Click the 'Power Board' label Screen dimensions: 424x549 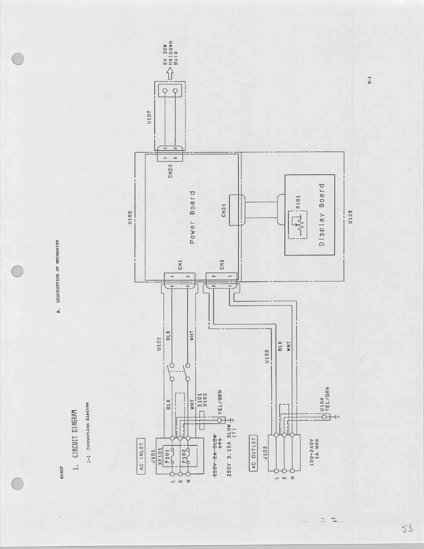click(193, 217)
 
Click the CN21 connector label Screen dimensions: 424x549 click(224, 210)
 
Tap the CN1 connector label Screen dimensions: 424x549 click(180, 265)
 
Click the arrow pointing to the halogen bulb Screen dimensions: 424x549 click(170, 74)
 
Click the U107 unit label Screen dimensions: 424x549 click(149, 117)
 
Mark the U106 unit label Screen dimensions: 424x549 click(350, 218)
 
